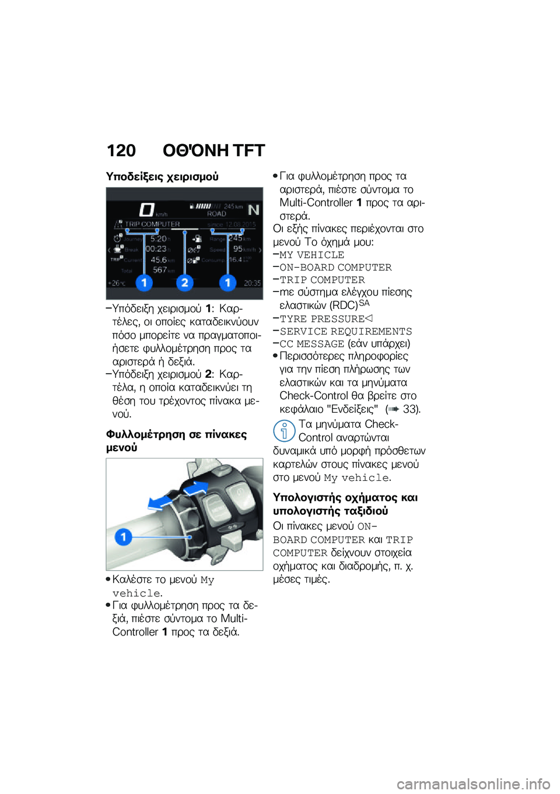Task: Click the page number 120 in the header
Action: click(121, 151)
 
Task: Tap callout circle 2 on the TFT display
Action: click(184, 283)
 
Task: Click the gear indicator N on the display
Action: click(253, 210)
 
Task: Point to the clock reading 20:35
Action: click(252, 283)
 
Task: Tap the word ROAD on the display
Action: click(216, 214)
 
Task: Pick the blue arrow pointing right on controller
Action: click(197, 487)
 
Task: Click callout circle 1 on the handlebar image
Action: click(123, 536)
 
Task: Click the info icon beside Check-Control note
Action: click(284, 431)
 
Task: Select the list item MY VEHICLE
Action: click(311, 255)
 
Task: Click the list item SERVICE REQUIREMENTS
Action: click(345, 331)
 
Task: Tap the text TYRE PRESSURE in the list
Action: click(322, 319)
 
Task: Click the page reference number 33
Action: click(410, 409)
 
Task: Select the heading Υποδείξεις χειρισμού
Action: click(162, 176)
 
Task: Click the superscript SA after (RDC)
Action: click(364, 303)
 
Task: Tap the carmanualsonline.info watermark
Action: click(473, 784)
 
